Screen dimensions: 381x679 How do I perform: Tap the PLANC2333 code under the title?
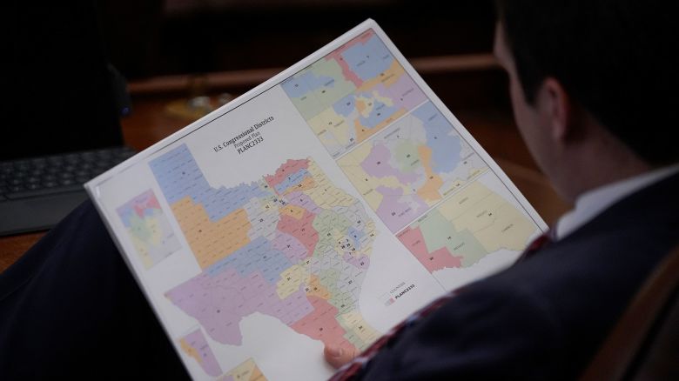pos(252,150)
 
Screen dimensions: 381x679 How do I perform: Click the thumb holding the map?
pos(339,353)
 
